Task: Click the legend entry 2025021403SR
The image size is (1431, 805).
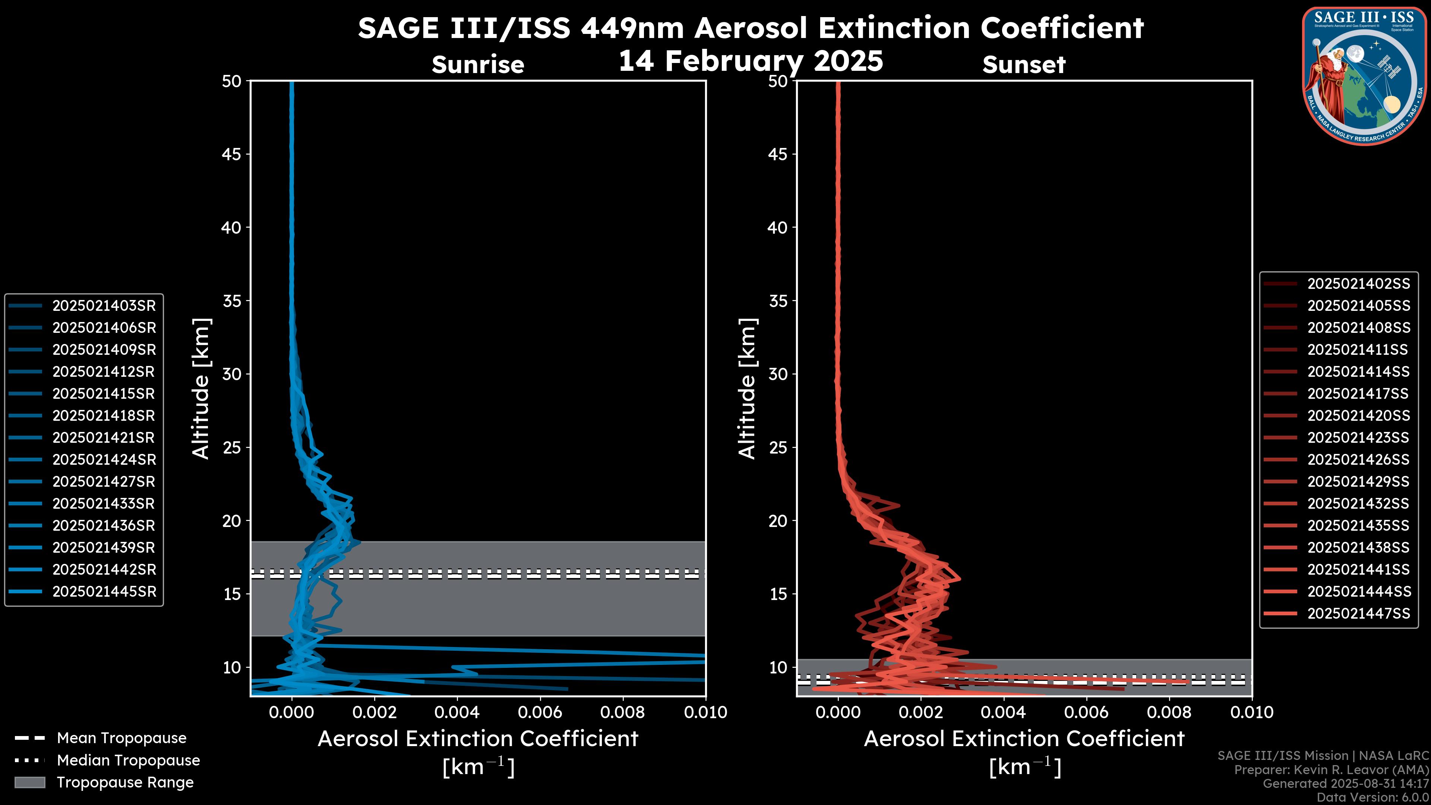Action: pos(104,306)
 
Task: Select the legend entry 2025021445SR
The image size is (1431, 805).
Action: pos(104,592)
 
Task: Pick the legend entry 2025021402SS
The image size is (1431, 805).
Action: pos(1358,284)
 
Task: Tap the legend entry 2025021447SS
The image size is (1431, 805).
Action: pos(1358,613)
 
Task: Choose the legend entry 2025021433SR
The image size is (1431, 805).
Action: pos(104,503)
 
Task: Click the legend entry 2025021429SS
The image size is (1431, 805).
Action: pos(1358,482)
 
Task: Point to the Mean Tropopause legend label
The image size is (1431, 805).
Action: pos(121,738)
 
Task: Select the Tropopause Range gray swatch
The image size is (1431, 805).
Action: pos(29,782)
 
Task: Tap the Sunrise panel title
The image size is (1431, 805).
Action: pos(478,64)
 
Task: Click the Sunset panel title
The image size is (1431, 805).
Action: pos(1024,64)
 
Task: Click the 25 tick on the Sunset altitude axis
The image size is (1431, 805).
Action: pos(778,447)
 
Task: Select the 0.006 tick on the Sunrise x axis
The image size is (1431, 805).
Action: pos(539,712)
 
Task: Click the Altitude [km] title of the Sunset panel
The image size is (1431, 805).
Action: pos(747,388)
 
